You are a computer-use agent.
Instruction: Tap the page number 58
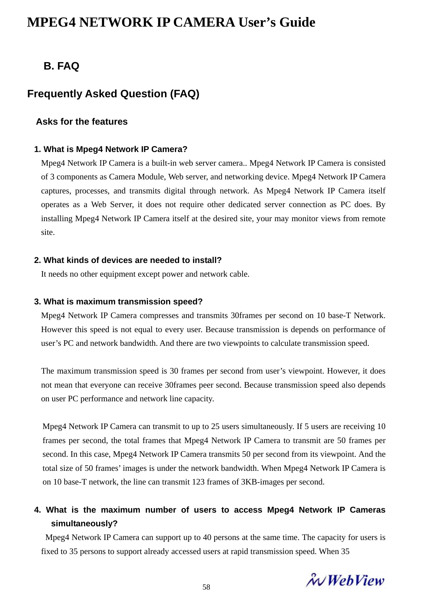[206, 587]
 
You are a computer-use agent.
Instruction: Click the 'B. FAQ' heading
[61, 66]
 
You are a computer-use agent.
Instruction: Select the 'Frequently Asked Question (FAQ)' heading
[113, 94]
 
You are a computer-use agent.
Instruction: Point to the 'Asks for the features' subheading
[82, 122]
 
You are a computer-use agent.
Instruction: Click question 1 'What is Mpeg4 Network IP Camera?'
[111, 149]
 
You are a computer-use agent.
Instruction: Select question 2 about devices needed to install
[128, 260]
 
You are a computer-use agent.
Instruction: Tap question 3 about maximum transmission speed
[118, 302]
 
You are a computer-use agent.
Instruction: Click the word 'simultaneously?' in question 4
[84, 524]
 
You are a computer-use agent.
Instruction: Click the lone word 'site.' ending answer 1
[48, 233]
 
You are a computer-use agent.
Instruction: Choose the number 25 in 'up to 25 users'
[215, 427]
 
